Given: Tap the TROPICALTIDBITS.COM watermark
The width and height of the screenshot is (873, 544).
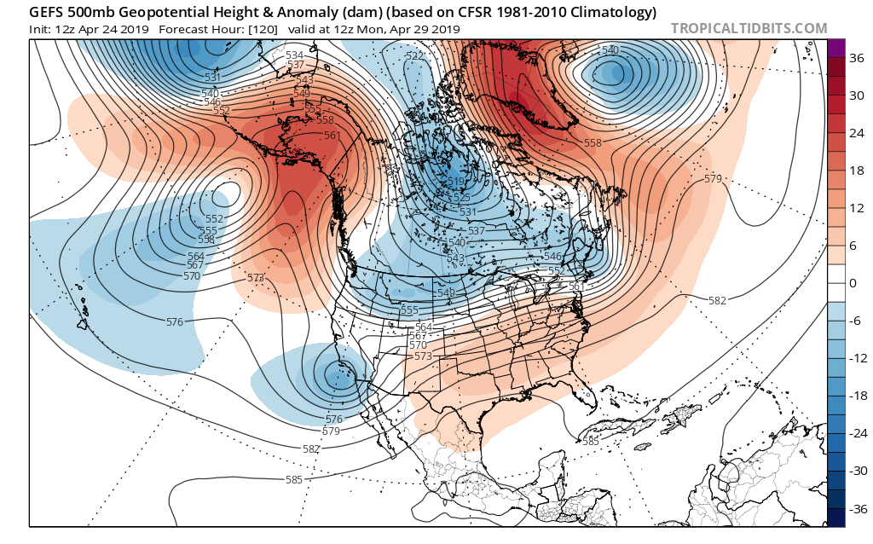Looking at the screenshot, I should [749, 29].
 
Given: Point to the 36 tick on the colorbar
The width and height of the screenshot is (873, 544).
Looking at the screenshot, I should [849, 58].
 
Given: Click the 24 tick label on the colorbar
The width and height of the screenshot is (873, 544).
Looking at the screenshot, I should [849, 133].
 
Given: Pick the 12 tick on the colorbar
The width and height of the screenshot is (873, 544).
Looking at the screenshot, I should [849, 208].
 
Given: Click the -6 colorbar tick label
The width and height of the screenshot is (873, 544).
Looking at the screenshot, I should [849, 321].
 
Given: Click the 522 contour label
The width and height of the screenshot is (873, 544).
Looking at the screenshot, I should [414, 56].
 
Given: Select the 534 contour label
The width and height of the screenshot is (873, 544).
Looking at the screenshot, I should [295, 55].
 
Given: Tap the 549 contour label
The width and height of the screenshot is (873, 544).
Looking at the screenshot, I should [302, 92].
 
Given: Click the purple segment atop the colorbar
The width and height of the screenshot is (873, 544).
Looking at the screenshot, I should [836, 49].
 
